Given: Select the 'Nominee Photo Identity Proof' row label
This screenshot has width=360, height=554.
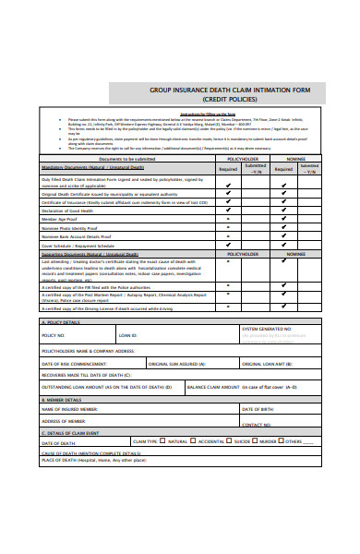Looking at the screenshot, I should click(74, 227).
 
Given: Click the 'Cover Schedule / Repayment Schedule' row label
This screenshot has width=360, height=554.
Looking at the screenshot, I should click(78, 245).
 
